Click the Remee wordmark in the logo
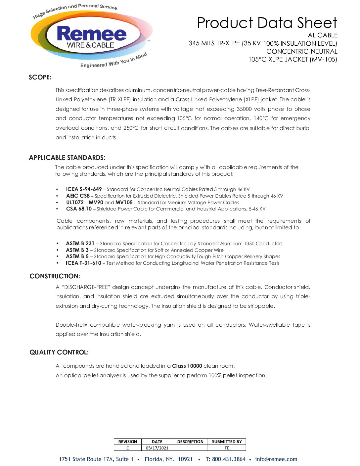92,34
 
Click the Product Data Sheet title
267,23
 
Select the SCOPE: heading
40,77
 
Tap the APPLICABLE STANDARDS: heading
67,158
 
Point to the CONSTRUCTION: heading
55,276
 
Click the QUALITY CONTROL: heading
59,352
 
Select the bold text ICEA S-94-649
84,189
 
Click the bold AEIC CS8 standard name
78,196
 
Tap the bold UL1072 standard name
75,203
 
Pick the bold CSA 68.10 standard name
79,209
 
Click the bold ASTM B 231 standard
80,244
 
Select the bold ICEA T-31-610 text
83,263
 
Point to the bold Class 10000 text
187,366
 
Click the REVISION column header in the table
127,442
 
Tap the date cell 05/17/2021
157,448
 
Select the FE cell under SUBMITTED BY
227,448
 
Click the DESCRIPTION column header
190,442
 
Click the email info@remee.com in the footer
276,459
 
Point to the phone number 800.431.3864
229,459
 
